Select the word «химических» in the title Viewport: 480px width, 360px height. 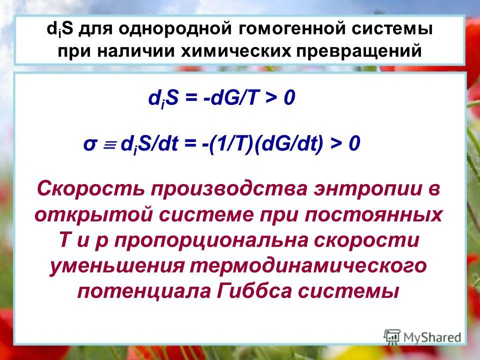click(x=235, y=51)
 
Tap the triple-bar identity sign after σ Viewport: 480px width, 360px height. click(x=109, y=144)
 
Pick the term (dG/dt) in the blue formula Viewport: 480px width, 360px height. click(x=288, y=143)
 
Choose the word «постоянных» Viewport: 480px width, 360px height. click(x=373, y=215)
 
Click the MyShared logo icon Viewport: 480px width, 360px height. click(x=392, y=336)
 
